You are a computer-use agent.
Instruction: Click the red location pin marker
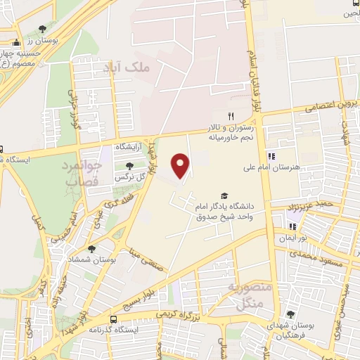pos(181,166)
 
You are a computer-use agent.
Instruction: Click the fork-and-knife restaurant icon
pos(229,116)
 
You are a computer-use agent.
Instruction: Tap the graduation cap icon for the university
pos(224,196)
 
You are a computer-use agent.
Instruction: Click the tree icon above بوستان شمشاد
pos(91,248)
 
